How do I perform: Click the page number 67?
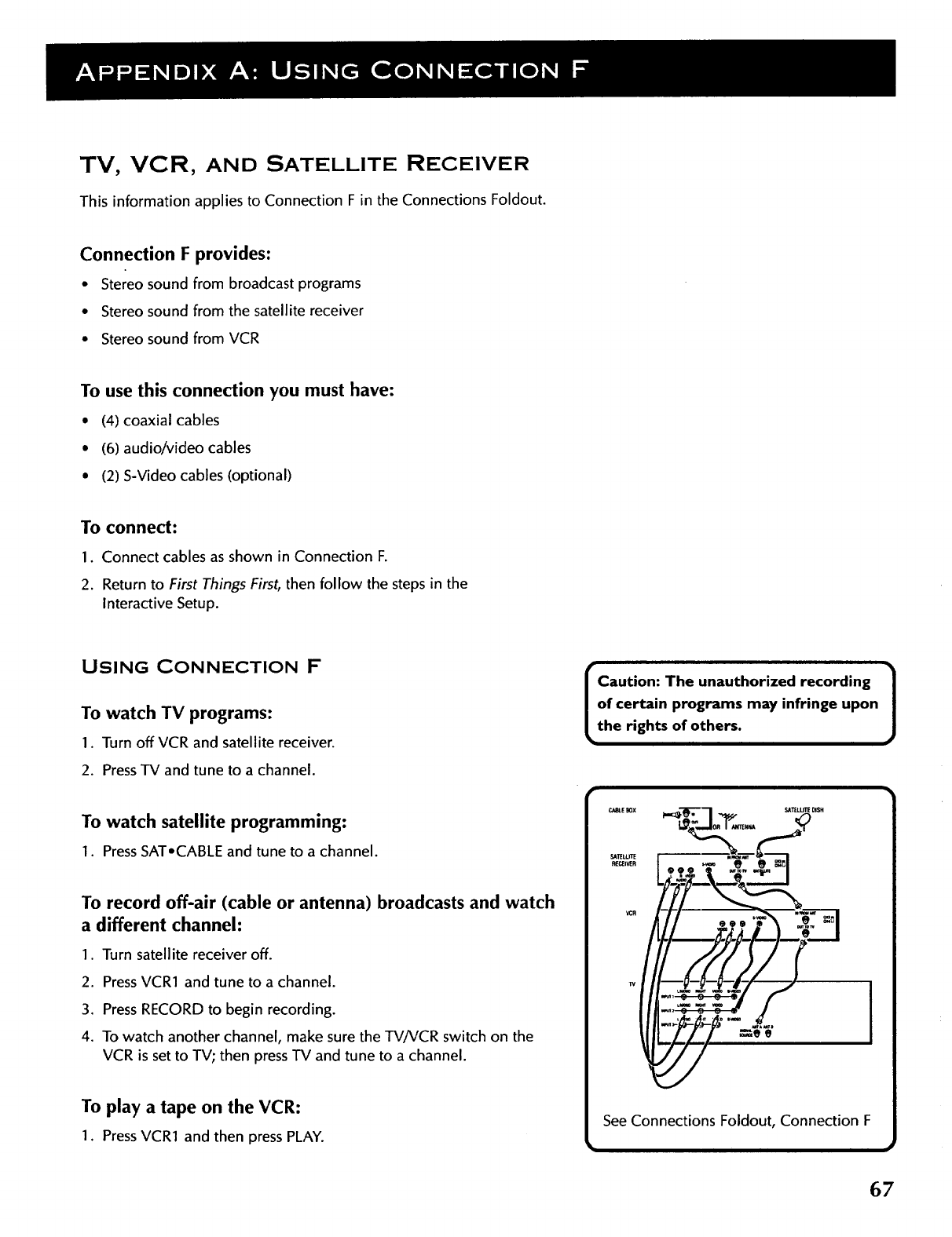(881, 1189)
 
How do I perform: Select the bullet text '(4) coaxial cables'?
(160, 420)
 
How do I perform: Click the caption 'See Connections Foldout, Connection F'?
(736, 1120)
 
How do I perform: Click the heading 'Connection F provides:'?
(176, 254)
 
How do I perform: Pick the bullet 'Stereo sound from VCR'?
(180, 338)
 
